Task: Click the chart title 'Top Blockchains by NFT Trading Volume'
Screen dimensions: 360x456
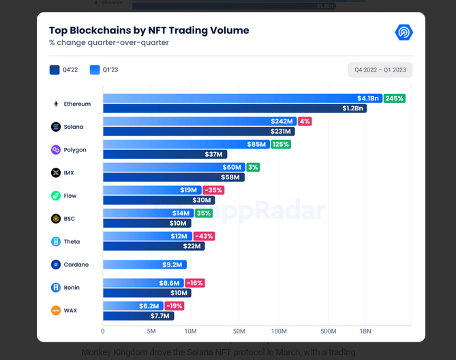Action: click(149, 31)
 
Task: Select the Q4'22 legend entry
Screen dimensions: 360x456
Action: click(64, 70)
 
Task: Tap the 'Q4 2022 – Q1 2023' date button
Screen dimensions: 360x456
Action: click(380, 70)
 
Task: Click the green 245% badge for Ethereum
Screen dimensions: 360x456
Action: click(394, 98)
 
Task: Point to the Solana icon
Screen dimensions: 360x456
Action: click(56, 127)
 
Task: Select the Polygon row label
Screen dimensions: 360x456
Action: click(75, 149)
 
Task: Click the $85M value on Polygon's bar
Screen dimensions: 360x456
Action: click(256, 144)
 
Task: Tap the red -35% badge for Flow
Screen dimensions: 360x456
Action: click(213, 190)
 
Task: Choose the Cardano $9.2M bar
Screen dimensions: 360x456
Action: click(145, 265)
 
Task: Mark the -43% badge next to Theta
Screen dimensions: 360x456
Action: click(203, 236)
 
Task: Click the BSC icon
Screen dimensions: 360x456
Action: click(56, 219)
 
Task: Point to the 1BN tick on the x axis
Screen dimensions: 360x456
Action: click(365, 331)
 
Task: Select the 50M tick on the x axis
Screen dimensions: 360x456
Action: click(239, 331)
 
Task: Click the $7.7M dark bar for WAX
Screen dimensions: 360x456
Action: click(138, 316)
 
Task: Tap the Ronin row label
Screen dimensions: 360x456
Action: click(72, 288)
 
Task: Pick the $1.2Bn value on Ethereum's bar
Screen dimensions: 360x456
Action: click(352, 108)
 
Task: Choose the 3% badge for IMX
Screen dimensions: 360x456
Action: click(254, 167)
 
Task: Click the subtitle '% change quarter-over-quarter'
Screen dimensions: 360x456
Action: click(108, 42)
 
